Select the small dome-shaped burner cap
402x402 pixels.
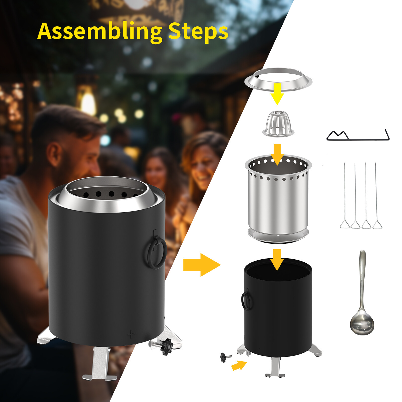pyautogui.click(x=278, y=124)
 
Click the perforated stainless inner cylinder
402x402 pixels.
pyautogui.click(x=278, y=201)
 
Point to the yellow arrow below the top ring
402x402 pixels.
pyautogui.click(x=277, y=94)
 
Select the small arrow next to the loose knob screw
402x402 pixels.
pyautogui.click(x=239, y=366)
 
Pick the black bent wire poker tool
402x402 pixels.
pyautogui.click(x=358, y=137)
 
